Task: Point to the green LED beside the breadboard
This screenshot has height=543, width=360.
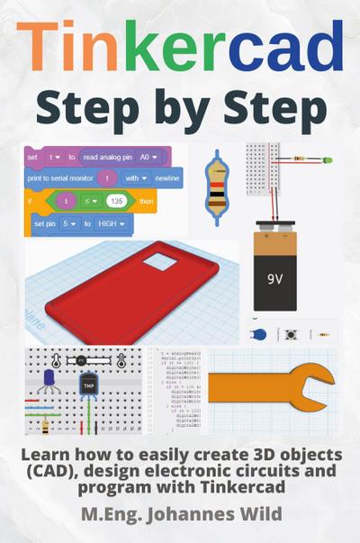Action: pyautogui.click(x=326, y=161)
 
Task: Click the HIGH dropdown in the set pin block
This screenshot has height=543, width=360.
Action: pyautogui.click(x=112, y=222)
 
